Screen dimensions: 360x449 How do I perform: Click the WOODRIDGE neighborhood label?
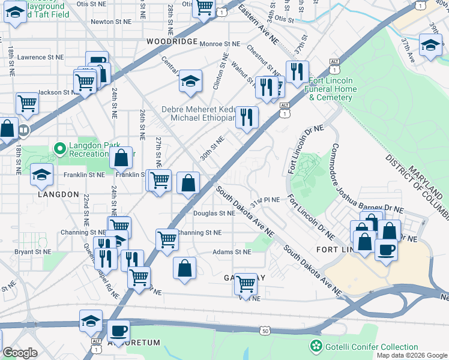171,41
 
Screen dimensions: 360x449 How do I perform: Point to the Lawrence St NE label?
40,58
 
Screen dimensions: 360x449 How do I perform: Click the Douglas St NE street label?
214,213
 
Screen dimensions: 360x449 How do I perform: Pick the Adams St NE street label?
232,252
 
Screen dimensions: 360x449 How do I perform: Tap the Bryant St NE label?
34,252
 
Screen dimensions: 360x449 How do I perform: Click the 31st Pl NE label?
265,199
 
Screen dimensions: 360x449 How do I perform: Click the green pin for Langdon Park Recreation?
59,148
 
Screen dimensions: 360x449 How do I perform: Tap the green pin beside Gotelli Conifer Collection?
316,347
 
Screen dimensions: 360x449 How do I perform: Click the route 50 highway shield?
265,331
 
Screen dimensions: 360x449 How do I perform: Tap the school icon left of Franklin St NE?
41,175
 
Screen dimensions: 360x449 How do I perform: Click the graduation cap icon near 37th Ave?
430,45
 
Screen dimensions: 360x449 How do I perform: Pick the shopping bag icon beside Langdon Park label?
121,158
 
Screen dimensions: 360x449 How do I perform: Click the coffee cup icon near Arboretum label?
118,331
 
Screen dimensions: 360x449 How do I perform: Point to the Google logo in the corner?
20,352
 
